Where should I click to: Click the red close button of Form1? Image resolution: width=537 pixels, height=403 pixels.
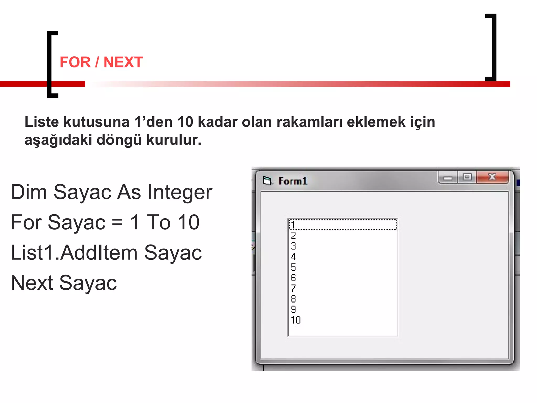(492, 177)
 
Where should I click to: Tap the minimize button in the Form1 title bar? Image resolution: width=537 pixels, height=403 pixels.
(448, 178)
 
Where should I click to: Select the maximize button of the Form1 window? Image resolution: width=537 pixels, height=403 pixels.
(467, 177)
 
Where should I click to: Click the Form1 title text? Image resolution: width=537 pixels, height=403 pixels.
(293, 181)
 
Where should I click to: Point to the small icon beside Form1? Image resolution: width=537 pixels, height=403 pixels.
(267, 181)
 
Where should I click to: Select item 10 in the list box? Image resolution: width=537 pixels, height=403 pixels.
(296, 320)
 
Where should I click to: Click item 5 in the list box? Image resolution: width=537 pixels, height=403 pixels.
(293, 267)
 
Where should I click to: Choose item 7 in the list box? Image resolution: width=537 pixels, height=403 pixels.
(293, 288)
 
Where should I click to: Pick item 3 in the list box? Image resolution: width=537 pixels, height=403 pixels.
(293, 246)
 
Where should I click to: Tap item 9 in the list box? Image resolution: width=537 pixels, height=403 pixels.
(293, 310)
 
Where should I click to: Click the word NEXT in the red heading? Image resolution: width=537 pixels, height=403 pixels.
(123, 62)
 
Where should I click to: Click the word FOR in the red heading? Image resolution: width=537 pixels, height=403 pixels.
(75, 62)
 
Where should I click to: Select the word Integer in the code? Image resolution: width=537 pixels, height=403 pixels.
(180, 192)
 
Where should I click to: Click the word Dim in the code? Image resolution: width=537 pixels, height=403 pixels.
(29, 192)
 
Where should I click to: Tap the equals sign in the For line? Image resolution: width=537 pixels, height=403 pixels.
(117, 222)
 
